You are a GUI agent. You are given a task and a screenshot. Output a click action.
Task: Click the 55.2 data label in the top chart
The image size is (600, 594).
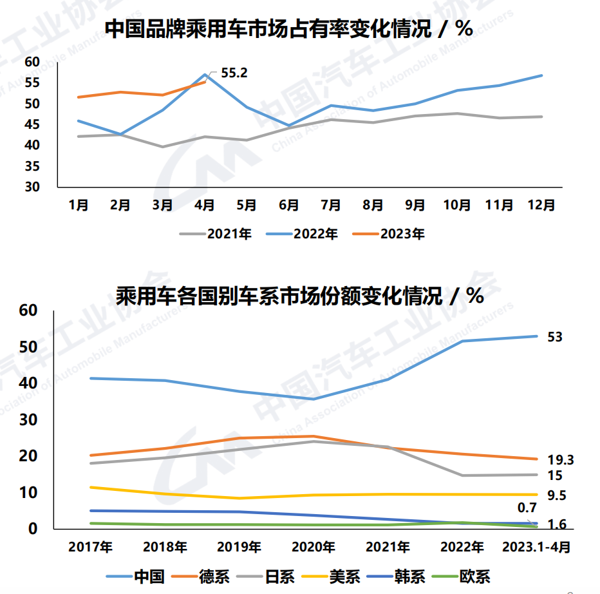pyautogui.click(x=234, y=73)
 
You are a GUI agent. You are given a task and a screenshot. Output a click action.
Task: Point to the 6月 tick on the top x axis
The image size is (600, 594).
pyautogui.click(x=288, y=205)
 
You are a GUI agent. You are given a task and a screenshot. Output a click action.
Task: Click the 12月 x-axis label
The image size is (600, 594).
pyautogui.click(x=541, y=205)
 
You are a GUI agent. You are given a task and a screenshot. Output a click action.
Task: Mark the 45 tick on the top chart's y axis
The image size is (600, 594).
pyautogui.click(x=32, y=124)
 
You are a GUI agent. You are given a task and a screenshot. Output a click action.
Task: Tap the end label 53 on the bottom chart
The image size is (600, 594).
pyautogui.click(x=554, y=337)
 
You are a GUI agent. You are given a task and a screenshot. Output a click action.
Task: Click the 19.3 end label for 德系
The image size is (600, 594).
pyautogui.click(x=560, y=460)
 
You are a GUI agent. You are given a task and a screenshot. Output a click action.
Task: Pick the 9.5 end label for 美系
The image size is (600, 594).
pyautogui.click(x=557, y=495)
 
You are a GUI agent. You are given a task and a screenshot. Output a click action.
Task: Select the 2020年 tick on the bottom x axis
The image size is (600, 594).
pyautogui.click(x=313, y=547)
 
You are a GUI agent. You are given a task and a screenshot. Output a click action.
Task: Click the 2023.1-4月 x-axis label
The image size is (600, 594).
pyautogui.click(x=536, y=547)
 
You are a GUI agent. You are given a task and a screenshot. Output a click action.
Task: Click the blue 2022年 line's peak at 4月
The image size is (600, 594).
pyautogui.click(x=205, y=74)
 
